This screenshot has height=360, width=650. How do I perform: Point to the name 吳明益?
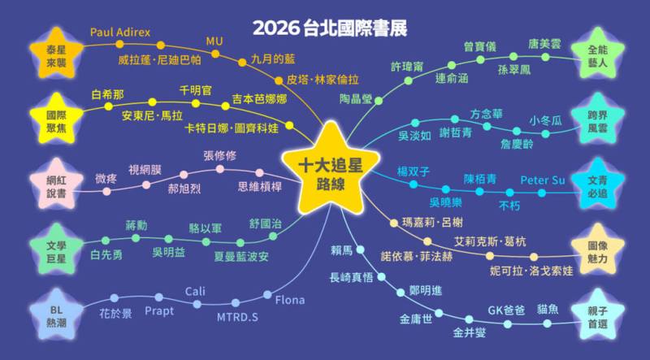pyautogui.click(x=168, y=253)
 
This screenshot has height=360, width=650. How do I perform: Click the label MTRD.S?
pyautogui.click(x=237, y=316)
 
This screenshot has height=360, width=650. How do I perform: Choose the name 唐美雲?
pyautogui.click(x=544, y=45)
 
